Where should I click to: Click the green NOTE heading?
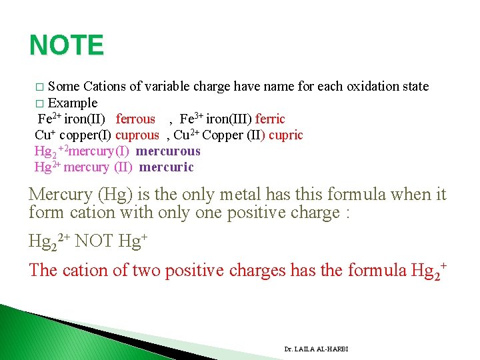click(x=67, y=45)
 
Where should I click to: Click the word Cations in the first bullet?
click(x=104, y=86)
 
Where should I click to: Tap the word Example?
click(x=73, y=103)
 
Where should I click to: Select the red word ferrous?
click(x=135, y=119)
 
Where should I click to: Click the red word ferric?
click(x=270, y=119)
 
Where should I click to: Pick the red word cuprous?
click(x=137, y=135)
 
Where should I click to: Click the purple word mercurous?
click(x=167, y=151)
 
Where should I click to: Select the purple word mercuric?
click(x=167, y=167)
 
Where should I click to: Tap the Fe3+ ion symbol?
click(x=191, y=119)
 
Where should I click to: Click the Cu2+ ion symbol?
click(x=187, y=135)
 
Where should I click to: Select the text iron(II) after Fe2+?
click(x=84, y=119)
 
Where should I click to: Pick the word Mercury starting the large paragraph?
click(x=60, y=195)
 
